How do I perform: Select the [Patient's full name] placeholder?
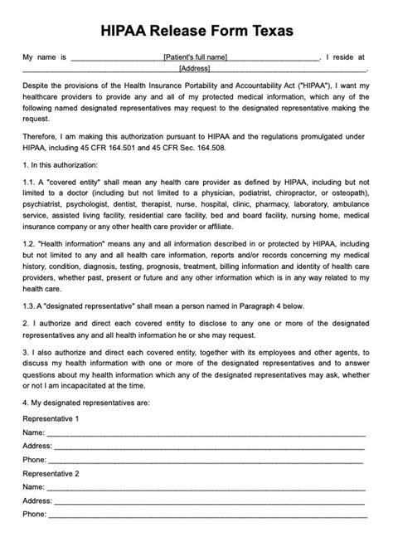196,57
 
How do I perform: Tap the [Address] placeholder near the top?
194,69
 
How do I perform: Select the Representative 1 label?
51,419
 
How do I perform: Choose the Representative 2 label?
51,472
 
